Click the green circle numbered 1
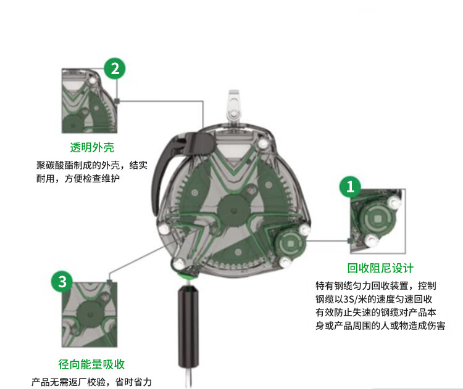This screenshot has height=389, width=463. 350,187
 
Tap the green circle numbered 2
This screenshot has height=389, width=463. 115,68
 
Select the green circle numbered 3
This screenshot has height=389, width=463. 62,282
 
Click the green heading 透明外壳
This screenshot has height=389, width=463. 92,147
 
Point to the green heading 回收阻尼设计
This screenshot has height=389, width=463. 380,268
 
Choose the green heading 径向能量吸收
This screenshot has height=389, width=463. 91,364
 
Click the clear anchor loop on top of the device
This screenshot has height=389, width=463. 234,107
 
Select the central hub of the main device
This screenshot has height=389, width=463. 234,210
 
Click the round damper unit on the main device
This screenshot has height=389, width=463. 291,244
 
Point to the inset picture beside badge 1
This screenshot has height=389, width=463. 378,221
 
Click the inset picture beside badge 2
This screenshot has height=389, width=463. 90,101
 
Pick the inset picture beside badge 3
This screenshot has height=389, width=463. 90,314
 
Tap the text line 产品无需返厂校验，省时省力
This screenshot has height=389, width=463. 91,382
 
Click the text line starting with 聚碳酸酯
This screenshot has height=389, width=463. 92,165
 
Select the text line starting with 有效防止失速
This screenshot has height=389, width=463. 376,313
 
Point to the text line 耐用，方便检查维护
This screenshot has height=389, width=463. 78,178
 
